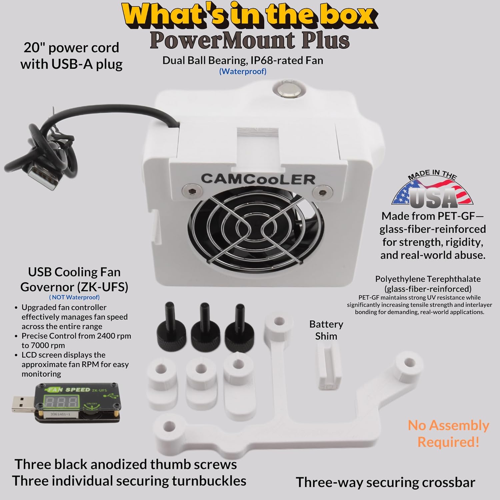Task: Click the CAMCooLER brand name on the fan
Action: (258, 179)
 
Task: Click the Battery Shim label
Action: (326, 330)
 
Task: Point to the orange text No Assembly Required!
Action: (448, 434)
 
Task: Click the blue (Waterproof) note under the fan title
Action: (243, 71)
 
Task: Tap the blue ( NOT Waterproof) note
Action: (74, 297)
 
